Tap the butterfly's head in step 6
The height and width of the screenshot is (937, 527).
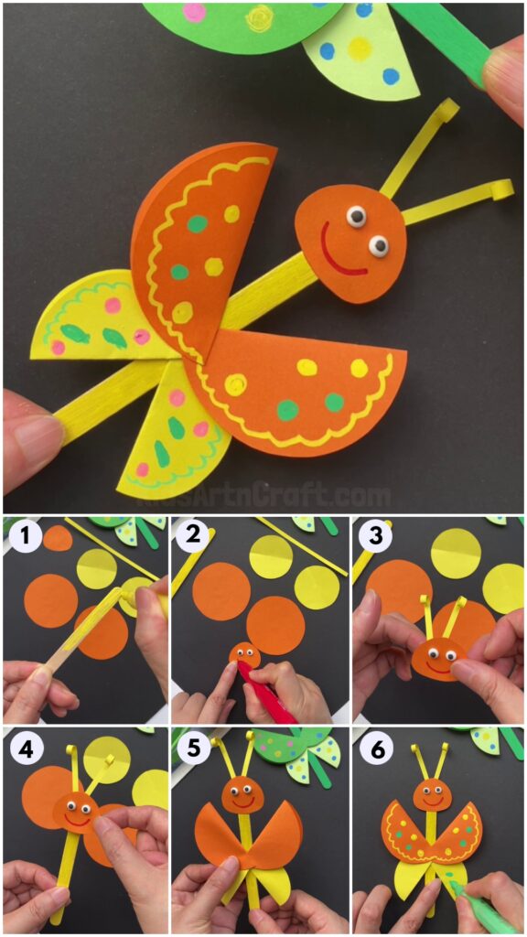pos(431,793)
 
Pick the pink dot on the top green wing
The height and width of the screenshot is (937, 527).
pos(194,12)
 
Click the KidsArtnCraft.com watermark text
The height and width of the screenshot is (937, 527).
pos(263,497)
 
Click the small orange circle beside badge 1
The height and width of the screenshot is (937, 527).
pos(58,537)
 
